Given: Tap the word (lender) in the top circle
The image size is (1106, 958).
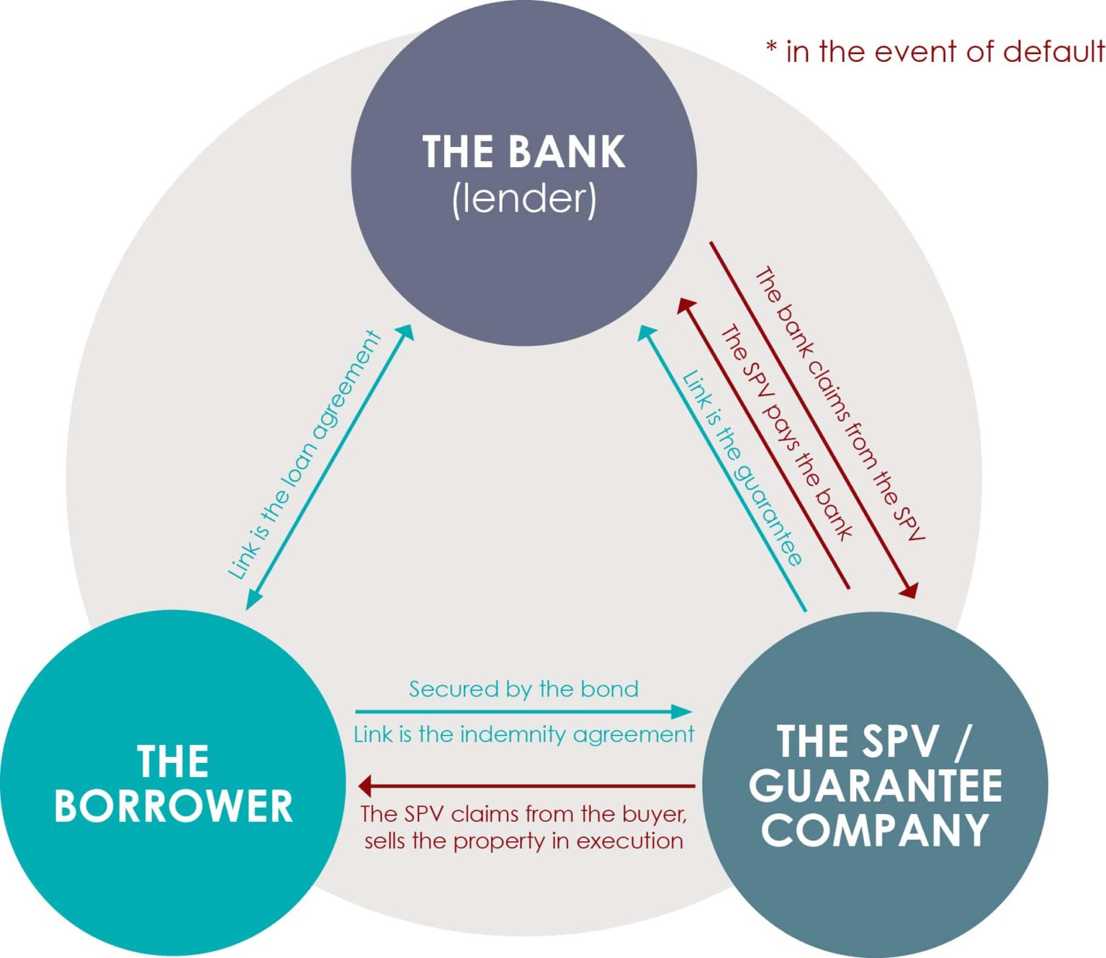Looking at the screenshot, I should [x=523, y=199].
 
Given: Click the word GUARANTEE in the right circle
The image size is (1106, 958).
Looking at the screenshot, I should [x=875, y=785].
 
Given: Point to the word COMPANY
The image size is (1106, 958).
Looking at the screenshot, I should [x=875, y=830].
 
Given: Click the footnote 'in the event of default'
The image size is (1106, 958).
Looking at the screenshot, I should [x=945, y=52].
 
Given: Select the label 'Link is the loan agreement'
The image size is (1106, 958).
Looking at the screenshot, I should [x=305, y=455].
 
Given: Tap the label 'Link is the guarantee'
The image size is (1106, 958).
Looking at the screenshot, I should [x=742, y=468].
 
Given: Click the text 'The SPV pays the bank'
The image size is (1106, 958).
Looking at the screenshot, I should [x=786, y=433].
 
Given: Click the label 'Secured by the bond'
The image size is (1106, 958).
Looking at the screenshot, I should [x=523, y=689].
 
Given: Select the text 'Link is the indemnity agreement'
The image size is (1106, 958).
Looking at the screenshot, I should [x=523, y=735].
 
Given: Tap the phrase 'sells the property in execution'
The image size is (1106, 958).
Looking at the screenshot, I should [x=523, y=841].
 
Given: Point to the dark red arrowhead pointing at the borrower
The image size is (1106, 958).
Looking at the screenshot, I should [x=366, y=786].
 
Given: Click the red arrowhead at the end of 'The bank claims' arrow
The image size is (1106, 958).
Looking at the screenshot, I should [x=909, y=591].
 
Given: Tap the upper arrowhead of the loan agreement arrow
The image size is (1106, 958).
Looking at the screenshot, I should [x=407, y=331].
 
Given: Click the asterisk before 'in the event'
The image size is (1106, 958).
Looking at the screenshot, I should [x=771, y=49].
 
